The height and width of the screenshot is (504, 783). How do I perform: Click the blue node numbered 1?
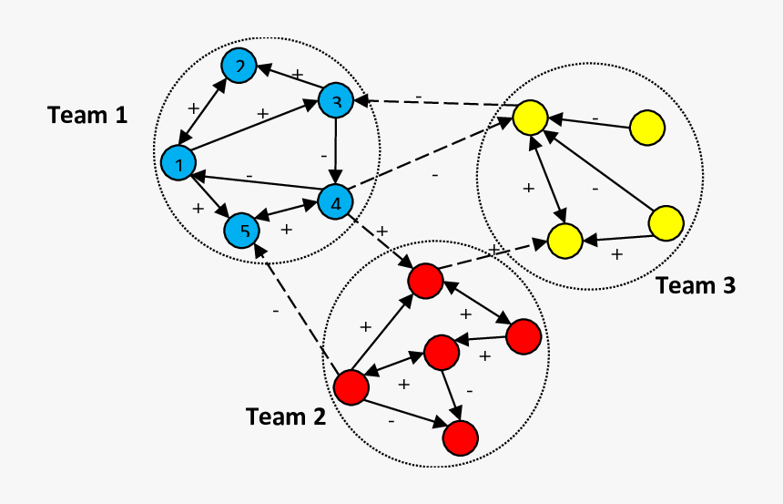coord(178,163)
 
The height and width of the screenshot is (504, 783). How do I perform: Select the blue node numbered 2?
coord(239,66)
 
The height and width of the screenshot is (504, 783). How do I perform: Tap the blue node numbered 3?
coord(335,101)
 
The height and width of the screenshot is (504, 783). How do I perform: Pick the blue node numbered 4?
coord(335,201)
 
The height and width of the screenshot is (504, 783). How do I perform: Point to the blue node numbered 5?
coord(242,231)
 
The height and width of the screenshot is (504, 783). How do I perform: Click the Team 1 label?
coord(87,115)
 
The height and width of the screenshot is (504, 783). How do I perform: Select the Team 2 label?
coord(285,417)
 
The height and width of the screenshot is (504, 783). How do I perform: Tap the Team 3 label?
coord(696,285)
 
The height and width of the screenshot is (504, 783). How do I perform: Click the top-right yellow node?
coord(647,127)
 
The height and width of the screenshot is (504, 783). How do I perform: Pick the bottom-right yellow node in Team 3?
coord(666,224)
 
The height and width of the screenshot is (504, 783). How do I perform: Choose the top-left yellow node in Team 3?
coord(530,118)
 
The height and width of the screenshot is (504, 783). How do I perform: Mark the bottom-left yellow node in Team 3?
coord(564,242)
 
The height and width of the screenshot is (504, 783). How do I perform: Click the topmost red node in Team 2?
coord(425,280)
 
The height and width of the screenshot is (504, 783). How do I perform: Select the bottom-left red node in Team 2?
coord(351,387)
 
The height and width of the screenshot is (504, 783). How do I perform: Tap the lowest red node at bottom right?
coord(461,437)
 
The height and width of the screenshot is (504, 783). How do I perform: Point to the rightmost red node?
coord(524,336)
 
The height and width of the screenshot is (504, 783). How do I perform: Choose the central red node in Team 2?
coord(441,352)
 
